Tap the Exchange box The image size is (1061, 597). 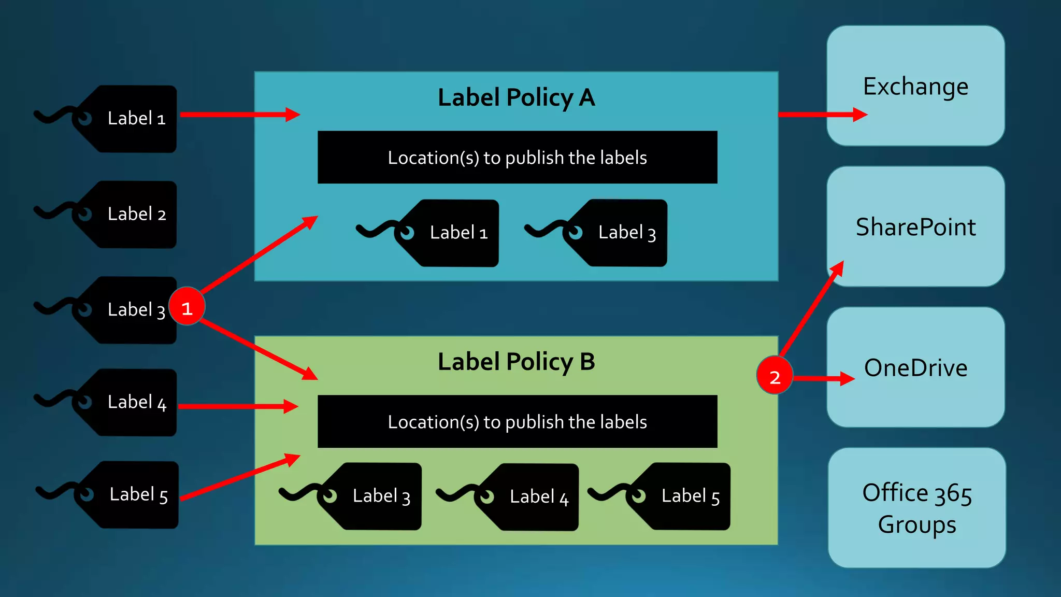point(915,86)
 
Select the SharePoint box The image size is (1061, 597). point(915,226)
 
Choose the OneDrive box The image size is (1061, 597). point(915,367)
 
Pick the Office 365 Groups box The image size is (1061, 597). point(916,508)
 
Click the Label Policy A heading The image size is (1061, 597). point(516,97)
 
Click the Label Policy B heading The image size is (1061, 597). point(516,362)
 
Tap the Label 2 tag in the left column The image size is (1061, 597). point(130,214)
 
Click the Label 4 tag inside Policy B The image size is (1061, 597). point(532,496)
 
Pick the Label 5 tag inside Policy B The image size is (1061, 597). point(683,496)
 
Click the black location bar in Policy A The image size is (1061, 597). point(517,157)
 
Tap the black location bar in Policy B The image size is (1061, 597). point(517,421)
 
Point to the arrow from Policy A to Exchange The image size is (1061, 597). point(821,115)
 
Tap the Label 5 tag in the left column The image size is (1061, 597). point(132,494)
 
